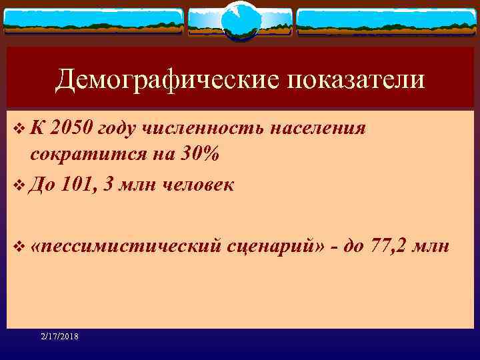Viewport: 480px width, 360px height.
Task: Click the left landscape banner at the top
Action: (93, 21)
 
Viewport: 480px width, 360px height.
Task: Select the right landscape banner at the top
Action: (387, 21)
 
